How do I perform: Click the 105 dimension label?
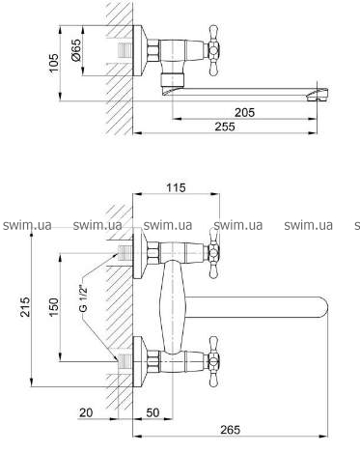click(54, 63)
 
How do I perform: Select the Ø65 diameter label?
click(76, 50)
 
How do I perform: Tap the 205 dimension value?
click(244, 113)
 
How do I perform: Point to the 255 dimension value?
click(225, 127)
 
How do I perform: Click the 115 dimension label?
click(176, 187)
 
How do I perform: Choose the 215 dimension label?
click(25, 307)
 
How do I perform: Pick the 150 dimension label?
click(54, 307)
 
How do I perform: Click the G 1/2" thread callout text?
click(83, 297)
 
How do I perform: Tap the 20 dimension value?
click(86, 412)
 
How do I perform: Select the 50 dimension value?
click(152, 412)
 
